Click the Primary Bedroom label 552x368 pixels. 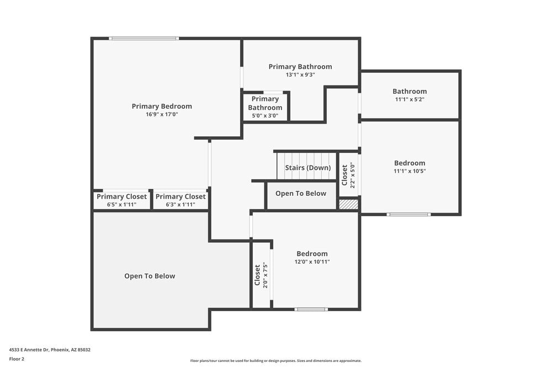(162, 106)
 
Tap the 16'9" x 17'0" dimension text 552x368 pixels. (162, 114)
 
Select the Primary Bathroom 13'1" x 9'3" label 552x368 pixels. (300, 70)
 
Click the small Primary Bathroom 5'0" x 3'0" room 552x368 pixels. (265, 107)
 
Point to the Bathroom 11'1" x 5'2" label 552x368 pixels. (410, 95)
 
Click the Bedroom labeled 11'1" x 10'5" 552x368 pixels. (410, 167)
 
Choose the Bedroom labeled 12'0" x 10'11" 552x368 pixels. (312, 258)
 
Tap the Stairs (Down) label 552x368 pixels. (308, 168)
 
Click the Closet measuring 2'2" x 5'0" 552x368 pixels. (348, 175)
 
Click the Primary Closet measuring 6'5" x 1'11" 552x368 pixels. (121, 200)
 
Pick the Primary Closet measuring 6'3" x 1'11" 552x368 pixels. (181, 200)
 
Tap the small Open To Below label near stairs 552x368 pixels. (301, 194)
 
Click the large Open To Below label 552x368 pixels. (150, 276)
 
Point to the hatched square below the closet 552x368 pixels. (348, 204)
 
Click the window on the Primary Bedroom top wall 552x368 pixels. (144, 39)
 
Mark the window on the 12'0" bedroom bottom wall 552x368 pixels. (311, 309)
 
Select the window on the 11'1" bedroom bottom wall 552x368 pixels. (408, 214)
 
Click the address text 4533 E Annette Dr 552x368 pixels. (50, 349)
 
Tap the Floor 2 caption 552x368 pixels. (17, 359)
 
